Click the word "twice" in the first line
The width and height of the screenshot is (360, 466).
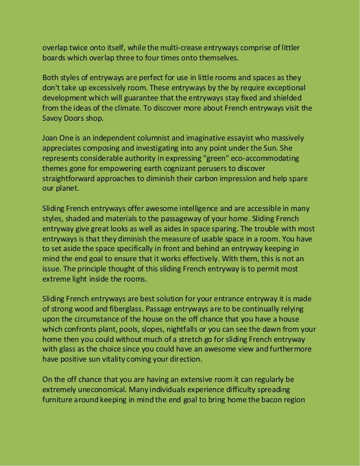(78, 47)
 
